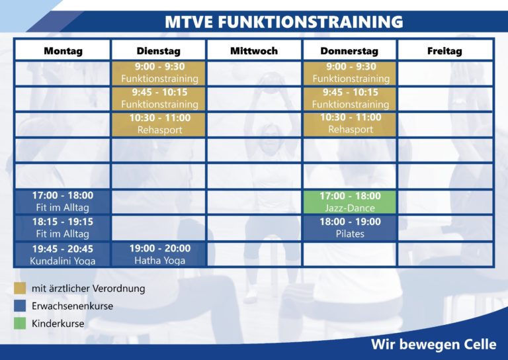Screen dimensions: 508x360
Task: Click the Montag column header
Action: point(63,50)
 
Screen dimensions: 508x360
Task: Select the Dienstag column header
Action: point(159,50)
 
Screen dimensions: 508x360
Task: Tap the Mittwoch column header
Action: point(254,50)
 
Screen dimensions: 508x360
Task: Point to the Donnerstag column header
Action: point(349,50)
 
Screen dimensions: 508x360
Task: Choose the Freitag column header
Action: point(444,50)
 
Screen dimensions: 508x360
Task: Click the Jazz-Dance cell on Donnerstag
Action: point(349,202)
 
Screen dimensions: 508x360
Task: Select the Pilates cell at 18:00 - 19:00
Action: point(349,228)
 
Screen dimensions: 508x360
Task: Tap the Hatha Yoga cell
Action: point(159,254)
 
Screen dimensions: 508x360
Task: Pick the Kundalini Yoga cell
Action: point(63,254)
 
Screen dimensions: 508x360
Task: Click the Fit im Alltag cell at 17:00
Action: point(63,202)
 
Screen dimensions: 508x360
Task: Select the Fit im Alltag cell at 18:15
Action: point(63,228)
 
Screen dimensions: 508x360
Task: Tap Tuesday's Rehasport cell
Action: point(159,124)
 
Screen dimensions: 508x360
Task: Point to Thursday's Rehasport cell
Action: point(349,124)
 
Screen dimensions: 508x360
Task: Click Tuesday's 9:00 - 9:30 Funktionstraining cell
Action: point(159,73)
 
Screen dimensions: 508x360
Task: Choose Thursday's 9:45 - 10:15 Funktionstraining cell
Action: point(349,99)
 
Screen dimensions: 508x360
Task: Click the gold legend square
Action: point(20,288)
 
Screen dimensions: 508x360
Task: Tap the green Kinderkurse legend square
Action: point(20,323)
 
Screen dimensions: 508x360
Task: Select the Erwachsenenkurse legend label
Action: point(72,306)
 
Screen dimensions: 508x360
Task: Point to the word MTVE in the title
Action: point(189,22)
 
